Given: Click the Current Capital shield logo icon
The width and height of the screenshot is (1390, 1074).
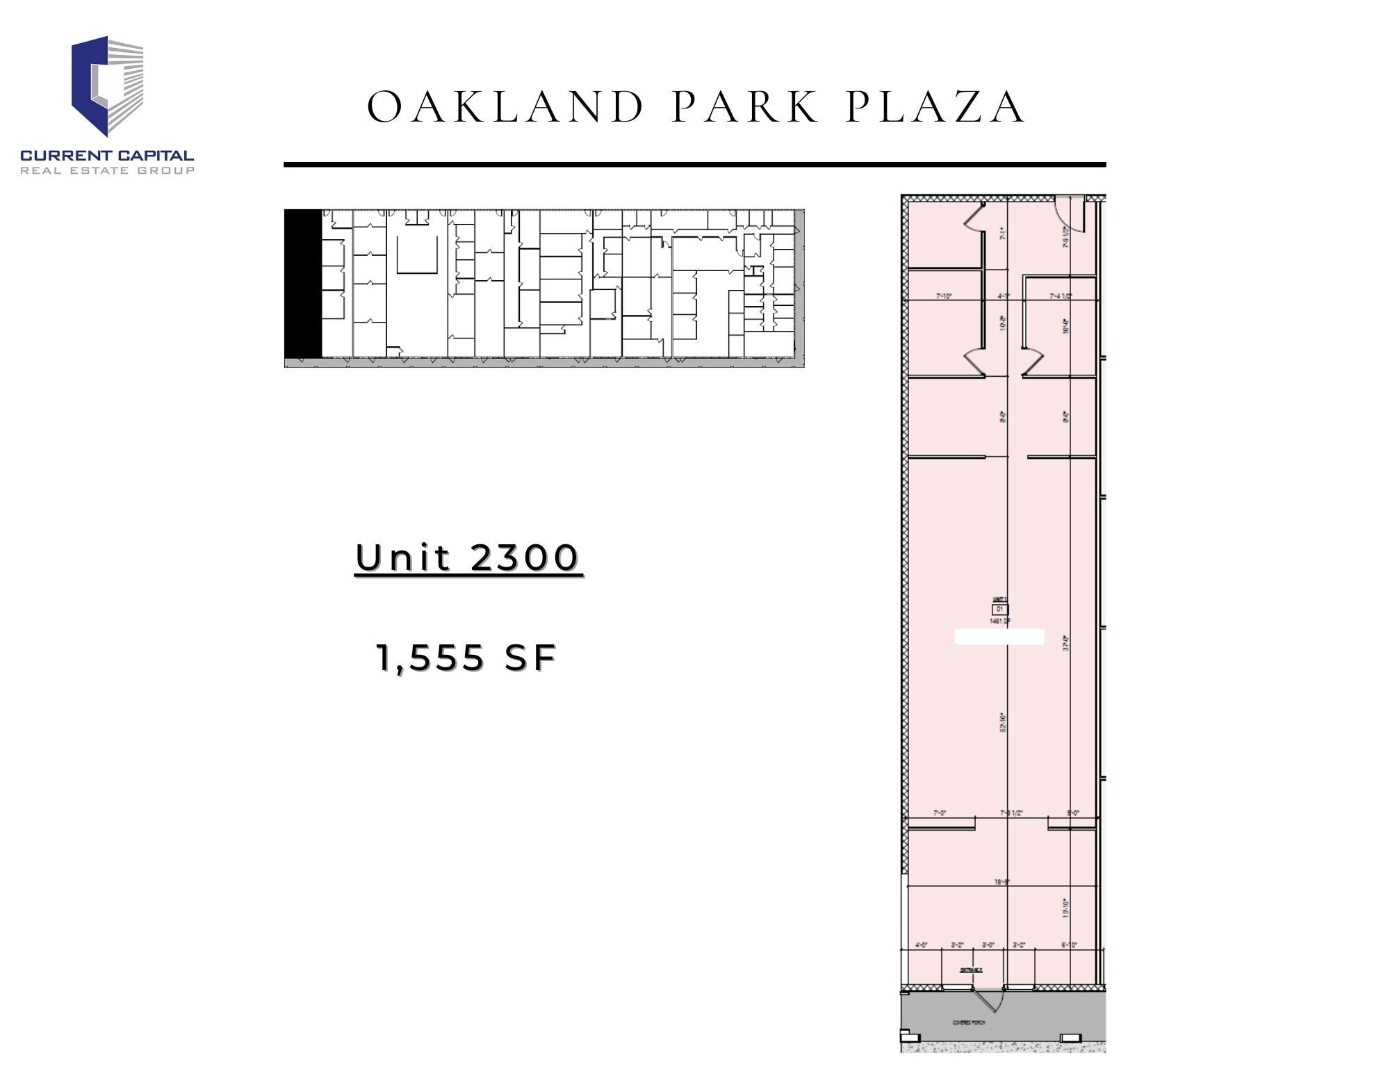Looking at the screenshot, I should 108,86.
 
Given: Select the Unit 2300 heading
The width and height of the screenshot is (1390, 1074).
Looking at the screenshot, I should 468,558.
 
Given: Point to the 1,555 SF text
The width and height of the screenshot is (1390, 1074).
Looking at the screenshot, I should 466,658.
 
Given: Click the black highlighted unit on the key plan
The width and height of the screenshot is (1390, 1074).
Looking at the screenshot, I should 303,284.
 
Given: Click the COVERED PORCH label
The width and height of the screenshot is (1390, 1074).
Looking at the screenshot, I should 968,1023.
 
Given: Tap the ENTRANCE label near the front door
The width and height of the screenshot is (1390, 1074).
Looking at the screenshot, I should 971,970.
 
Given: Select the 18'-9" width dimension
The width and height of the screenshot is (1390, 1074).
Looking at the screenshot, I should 1001,881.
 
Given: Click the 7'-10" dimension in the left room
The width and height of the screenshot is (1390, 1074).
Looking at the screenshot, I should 943,296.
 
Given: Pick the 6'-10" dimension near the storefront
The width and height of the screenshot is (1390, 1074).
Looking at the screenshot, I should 1069,945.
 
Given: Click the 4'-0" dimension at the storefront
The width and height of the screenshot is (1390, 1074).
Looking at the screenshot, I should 922,945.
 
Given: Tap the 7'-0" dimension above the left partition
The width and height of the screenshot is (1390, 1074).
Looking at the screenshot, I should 940,813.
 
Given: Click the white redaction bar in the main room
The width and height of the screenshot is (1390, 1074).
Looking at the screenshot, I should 999,637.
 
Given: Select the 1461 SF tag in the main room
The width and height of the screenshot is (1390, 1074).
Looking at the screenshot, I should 1000,621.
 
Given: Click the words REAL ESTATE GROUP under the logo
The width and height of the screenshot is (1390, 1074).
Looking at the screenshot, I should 107,170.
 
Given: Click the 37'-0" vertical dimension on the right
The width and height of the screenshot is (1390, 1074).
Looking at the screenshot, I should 1065,642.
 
